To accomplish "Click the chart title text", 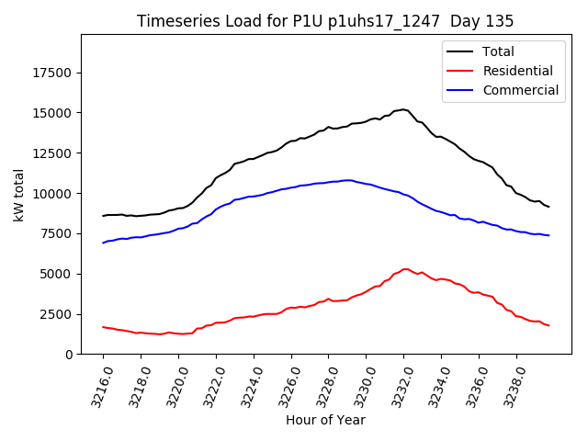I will (325, 21).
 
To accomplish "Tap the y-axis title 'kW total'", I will (19, 194).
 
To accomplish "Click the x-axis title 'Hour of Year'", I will (325, 420).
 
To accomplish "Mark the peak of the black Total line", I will (403, 109).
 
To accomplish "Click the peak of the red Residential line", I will (405, 269).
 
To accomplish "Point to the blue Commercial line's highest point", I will (348, 180).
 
